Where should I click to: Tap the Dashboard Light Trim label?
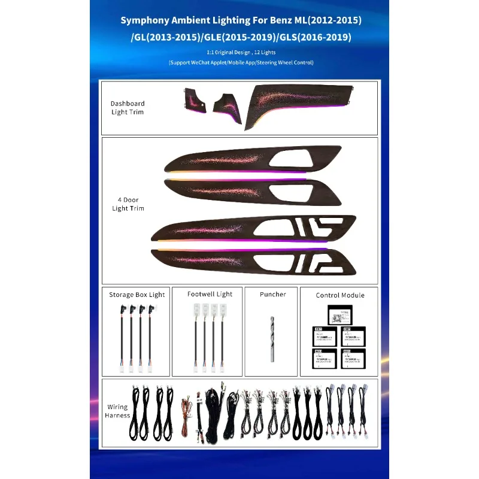(x=127, y=108)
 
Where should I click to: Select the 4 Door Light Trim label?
(x=128, y=204)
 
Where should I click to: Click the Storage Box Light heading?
(x=137, y=295)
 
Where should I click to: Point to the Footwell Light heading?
(x=210, y=294)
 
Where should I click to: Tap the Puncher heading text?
(x=272, y=294)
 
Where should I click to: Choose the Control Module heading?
(x=339, y=295)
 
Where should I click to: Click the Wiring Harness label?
(x=117, y=411)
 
